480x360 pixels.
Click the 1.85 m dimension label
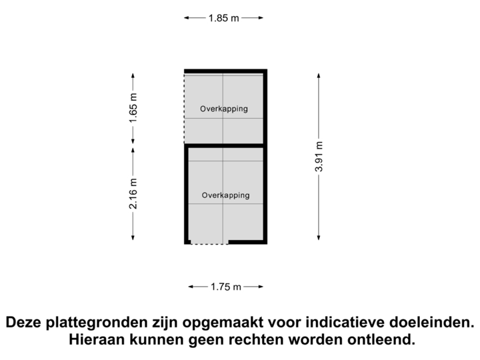click(x=223, y=19)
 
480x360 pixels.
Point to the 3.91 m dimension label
click(x=319, y=157)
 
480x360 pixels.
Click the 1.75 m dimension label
click(x=226, y=287)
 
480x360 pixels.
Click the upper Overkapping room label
click(x=224, y=109)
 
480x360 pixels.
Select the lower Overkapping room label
click(x=225, y=195)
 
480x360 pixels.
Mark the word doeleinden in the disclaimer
click(x=432, y=323)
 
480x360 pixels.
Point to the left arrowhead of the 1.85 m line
click(x=186, y=19)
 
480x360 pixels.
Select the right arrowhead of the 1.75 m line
click(x=262, y=287)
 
